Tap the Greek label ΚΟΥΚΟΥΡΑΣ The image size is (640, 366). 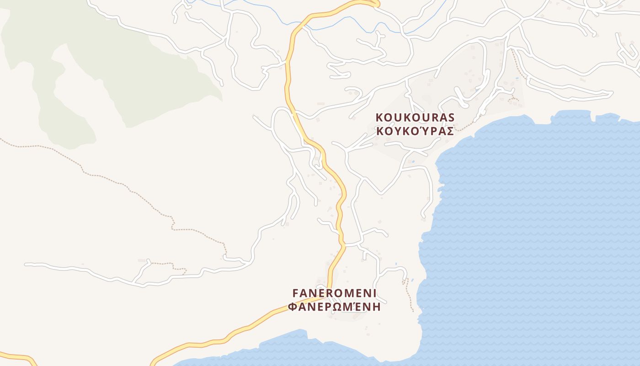point(415,131)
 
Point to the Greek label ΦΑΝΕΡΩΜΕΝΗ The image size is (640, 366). point(335,307)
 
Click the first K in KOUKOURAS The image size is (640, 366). point(379,117)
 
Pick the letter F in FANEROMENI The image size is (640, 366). point(295,292)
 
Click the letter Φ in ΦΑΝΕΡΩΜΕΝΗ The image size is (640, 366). point(293,307)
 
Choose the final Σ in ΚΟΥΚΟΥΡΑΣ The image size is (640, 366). point(450,131)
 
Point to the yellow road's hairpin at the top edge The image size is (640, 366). point(376,4)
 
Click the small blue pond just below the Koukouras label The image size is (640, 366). point(413,161)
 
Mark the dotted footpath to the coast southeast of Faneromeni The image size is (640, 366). point(408,295)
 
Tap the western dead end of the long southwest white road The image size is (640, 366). point(27,264)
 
